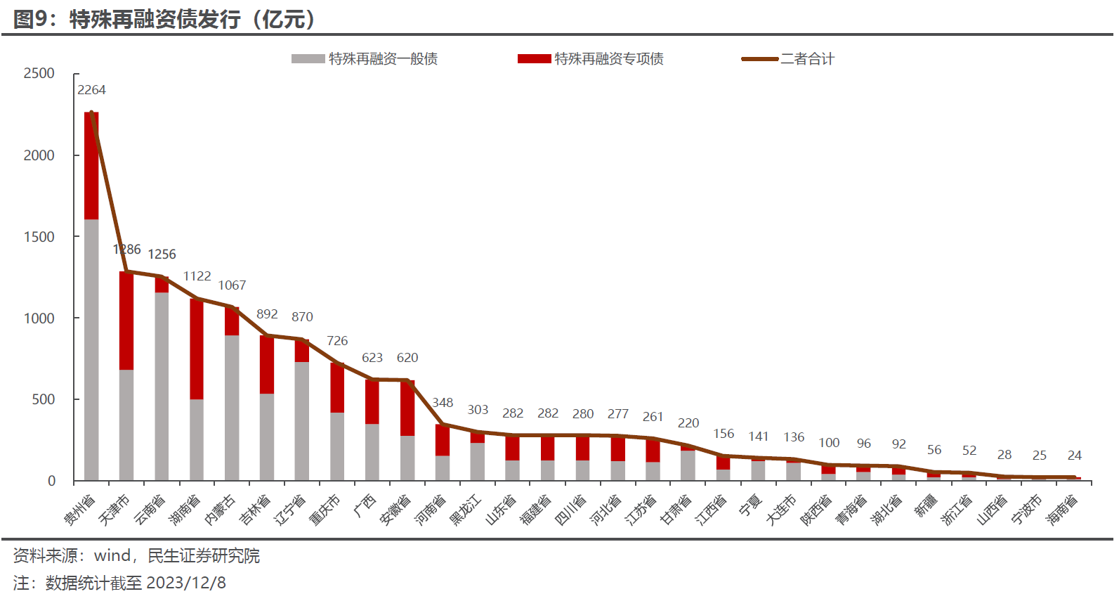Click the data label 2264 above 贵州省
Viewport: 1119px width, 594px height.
click(91, 90)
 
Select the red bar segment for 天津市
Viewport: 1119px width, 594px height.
click(126, 320)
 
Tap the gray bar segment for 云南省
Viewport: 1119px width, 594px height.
click(162, 387)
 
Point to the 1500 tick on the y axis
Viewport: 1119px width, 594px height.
click(39, 237)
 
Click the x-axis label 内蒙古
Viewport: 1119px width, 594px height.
click(221, 508)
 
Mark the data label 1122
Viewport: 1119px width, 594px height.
click(197, 276)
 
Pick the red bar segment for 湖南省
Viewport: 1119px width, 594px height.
click(197, 349)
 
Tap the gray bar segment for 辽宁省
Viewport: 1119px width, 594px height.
click(302, 421)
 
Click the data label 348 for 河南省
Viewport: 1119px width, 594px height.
click(443, 403)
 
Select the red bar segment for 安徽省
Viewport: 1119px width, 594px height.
click(407, 408)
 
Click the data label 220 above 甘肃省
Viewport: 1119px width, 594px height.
click(688, 423)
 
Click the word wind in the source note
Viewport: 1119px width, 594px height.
click(112, 556)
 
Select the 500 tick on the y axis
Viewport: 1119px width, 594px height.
click(43, 399)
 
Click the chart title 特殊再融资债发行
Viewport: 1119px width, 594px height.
click(155, 19)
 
